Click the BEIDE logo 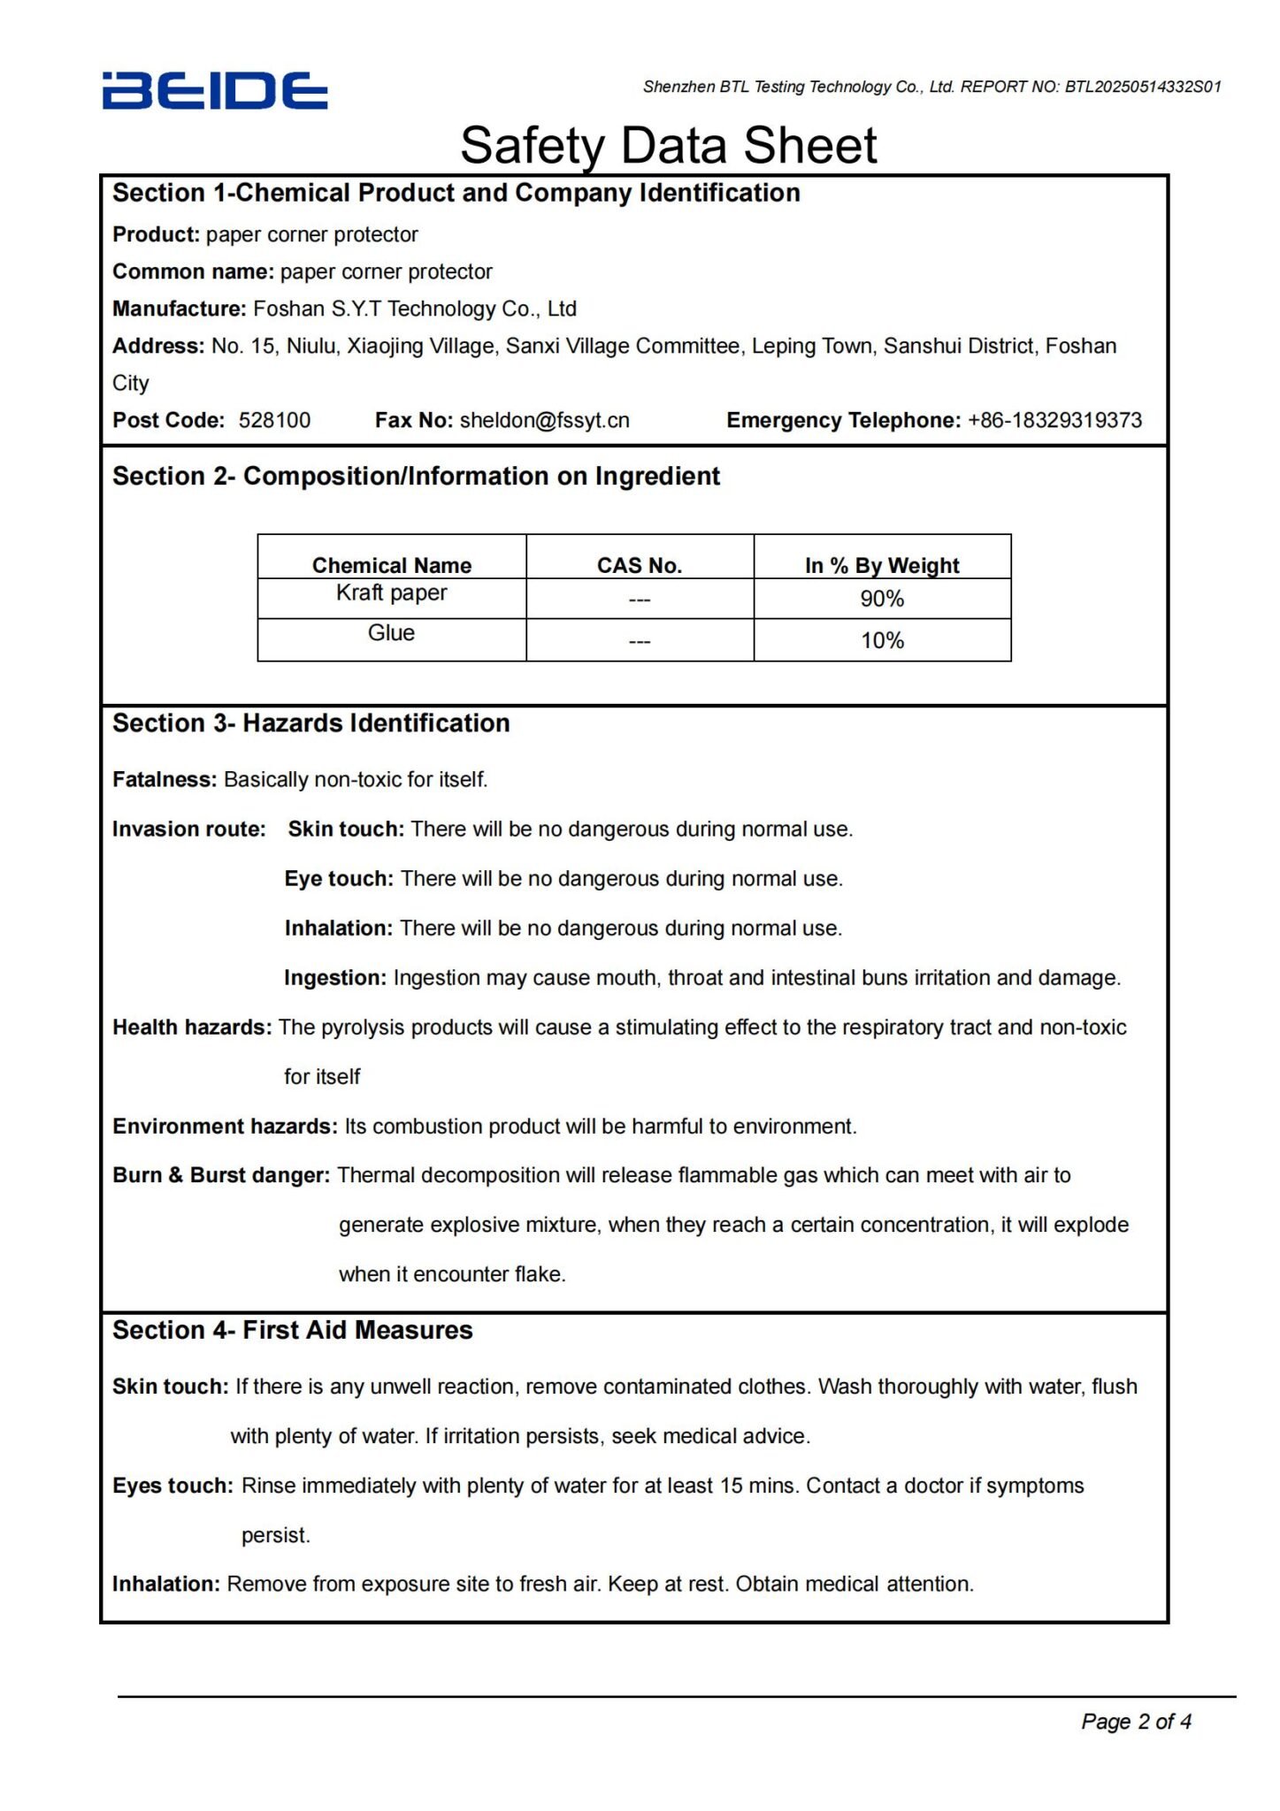[215, 91]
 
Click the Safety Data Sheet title [668, 145]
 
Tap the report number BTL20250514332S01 [1143, 87]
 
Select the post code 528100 [274, 420]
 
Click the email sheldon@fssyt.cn [544, 420]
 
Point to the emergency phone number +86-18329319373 [1054, 420]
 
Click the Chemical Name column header [391, 565]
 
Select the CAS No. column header [639, 565]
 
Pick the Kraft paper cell [391, 592]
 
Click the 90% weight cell [882, 599]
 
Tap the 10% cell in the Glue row [882, 640]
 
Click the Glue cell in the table [391, 633]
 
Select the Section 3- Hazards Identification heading [310, 723]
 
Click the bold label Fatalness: [164, 779]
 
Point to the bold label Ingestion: [334, 977]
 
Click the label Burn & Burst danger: [220, 1175]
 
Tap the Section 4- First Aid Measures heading [292, 1330]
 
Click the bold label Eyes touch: [172, 1486]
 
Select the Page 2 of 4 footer [1136, 1721]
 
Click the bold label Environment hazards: [225, 1126]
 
